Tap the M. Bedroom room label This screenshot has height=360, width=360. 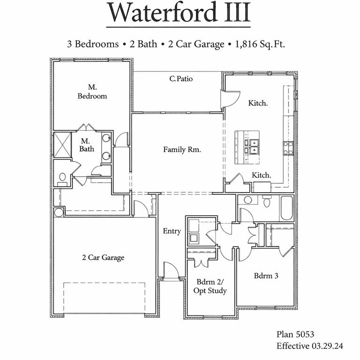tap(92, 91)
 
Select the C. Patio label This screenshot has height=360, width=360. tap(181, 79)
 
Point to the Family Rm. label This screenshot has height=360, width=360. tap(182, 150)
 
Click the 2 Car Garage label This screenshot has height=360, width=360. tap(103, 257)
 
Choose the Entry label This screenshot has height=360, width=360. tap(172, 231)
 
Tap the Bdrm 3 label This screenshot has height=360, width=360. tap(266, 276)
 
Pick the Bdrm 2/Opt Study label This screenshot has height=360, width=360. tap(210, 286)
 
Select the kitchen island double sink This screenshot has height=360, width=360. tap(254, 146)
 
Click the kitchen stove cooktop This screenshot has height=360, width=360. tap(288, 148)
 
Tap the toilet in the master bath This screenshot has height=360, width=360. tap(62, 177)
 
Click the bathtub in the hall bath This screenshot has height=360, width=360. tap(287, 208)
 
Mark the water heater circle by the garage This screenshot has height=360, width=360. tap(59, 213)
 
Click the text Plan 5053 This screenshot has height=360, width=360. tap(295, 334)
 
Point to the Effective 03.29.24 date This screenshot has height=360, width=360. tap(309, 346)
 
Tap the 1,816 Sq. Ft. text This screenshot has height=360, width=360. tap(260, 45)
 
